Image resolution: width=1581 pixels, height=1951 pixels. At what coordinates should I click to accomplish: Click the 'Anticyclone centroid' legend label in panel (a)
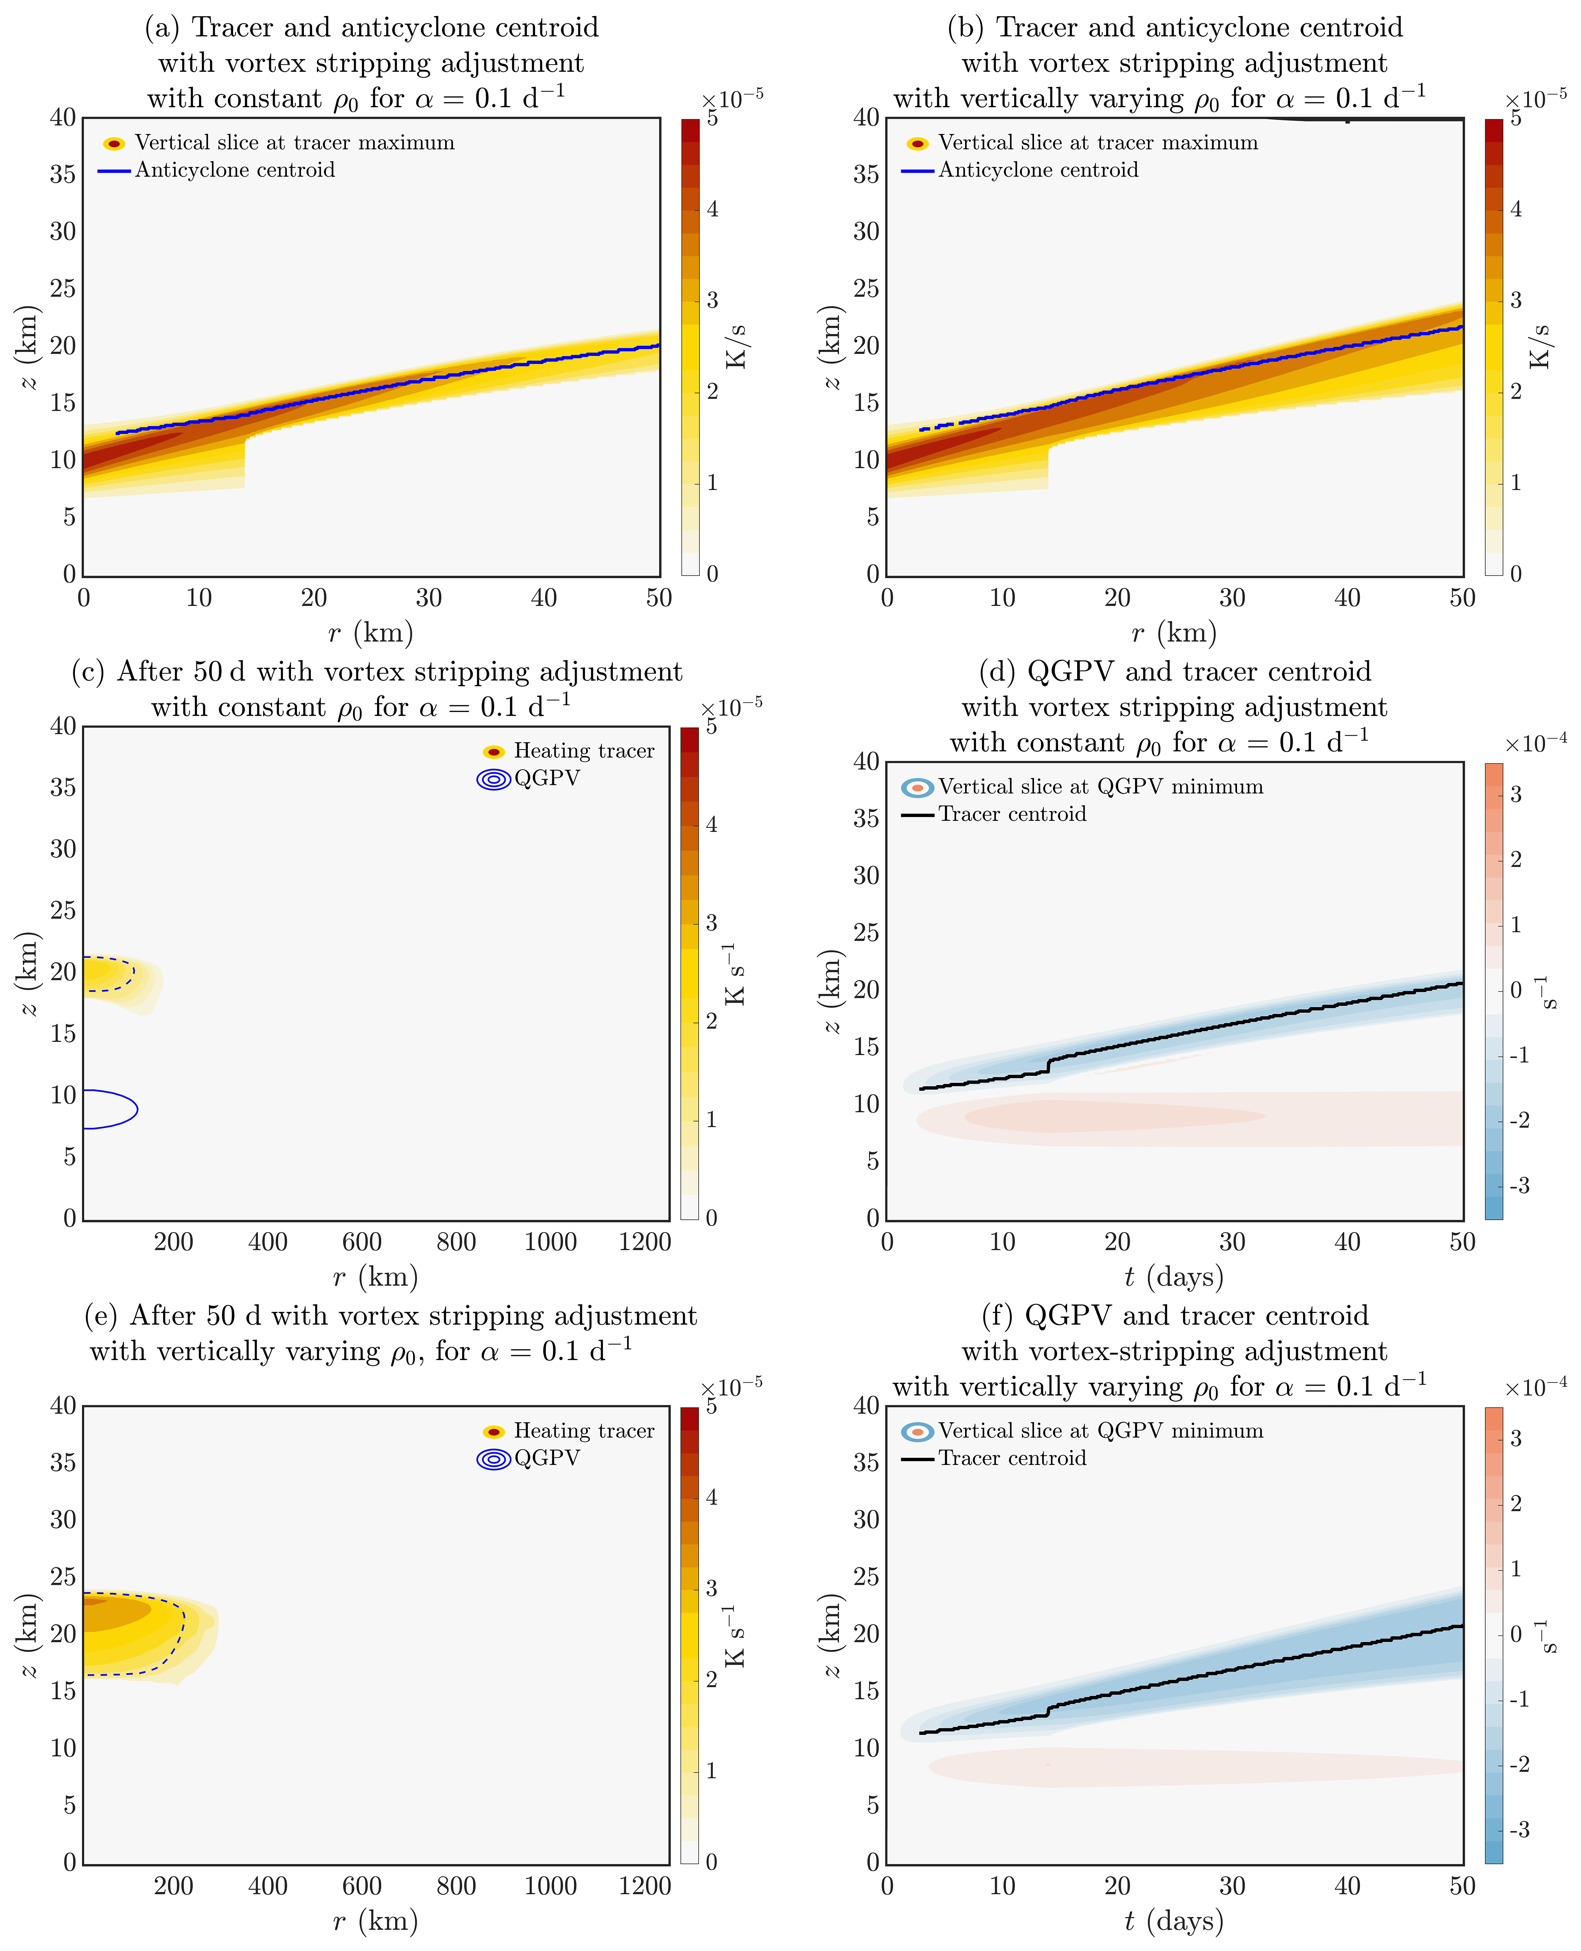click(235, 170)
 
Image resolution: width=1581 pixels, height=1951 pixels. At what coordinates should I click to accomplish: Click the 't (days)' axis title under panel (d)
click(1174, 1277)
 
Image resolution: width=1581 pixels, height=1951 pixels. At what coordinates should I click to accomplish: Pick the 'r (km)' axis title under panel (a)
click(371, 633)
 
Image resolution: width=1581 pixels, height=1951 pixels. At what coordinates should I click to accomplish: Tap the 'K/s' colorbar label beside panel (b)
click(1539, 346)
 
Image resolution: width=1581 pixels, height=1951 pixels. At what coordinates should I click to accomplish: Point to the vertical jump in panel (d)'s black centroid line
click(1049, 1065)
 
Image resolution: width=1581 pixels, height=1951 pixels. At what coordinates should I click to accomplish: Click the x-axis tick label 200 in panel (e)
click(173, 1886)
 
